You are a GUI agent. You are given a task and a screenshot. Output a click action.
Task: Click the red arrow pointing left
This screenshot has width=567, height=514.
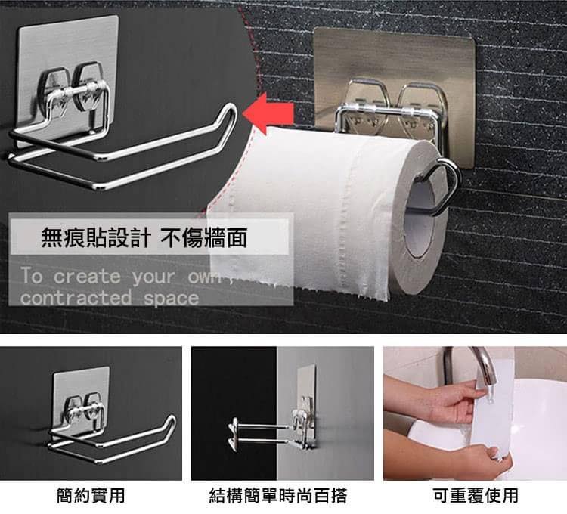(x=268, y=113)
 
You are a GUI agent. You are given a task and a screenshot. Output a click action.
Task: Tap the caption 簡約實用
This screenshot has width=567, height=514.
(x=91, y=496)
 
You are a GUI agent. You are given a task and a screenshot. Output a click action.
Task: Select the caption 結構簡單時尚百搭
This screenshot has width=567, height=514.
(x=278, y=496)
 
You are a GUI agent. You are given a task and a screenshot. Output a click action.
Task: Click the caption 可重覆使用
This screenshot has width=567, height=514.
(x=476, y=496)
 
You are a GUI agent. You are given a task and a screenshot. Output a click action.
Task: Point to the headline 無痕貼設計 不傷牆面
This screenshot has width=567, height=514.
(x=144, y=238)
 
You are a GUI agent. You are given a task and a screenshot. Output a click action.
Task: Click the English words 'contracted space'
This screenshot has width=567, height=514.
(x=109, y=299)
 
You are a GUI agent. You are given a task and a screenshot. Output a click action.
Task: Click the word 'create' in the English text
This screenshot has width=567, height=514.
(x=87, y=277)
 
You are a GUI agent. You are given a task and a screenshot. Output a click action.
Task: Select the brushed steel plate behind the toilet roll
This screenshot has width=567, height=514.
(x=394, y=73)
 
